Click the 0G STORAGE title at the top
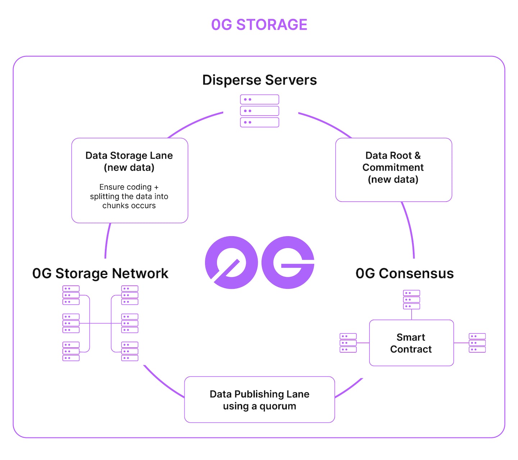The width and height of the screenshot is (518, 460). [259, 25]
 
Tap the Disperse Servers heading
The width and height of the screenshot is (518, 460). [259, 80]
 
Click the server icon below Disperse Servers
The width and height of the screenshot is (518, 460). [259, 111]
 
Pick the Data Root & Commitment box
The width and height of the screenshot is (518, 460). [393, 169]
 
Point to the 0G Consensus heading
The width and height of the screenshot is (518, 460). [404, 273]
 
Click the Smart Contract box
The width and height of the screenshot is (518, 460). [411, 343]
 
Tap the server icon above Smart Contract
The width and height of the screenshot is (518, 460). [411, 300]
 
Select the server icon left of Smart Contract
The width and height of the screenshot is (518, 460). [348, 343]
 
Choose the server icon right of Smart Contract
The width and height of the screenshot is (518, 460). [477, 343]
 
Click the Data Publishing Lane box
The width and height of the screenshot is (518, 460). [259, 399]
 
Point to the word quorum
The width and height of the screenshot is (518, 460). [278, 406]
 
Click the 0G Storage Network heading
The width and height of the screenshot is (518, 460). [100, 273]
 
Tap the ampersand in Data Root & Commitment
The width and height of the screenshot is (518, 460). [417, 156]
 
